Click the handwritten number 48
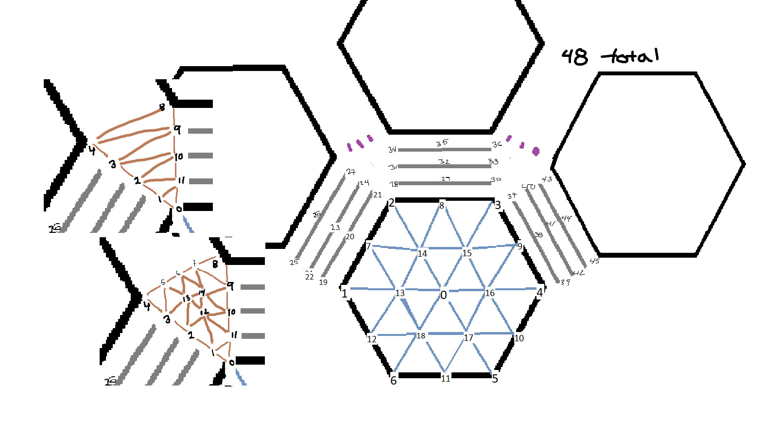(574, 57)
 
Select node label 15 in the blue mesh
(467, 253)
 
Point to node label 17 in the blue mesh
(468, 338)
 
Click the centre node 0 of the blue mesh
(443, 295)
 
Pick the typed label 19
(323, 282)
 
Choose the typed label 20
(350, 237)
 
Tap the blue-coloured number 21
(378, 195)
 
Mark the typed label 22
(309, 277)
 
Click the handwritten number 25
(294, 263)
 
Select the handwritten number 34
(392, 149)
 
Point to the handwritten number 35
(442, 143)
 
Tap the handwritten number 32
(444, 161)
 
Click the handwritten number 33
(493, 161)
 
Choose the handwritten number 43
(547, 179)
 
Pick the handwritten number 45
(594, 261)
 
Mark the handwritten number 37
(512, 196)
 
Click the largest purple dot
(536, 151)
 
